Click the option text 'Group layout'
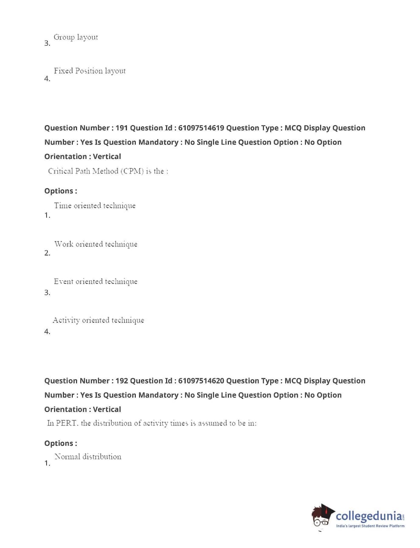(76, 37)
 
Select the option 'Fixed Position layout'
(90, 71)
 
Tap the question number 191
(121, 128)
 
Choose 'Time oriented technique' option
(95, 205)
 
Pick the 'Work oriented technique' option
(96, 244)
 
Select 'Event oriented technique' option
(96, 281)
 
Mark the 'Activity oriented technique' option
(98, 320)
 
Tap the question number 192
(121, 381)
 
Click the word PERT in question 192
(66, 423)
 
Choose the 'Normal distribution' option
(88, 457)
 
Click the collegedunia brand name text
(369, 516)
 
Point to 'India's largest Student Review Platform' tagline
(370, 526)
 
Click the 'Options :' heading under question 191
(60, 191)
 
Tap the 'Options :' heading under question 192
(60, 443)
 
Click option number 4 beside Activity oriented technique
(47, 332)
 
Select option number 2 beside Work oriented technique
(47, 253)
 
